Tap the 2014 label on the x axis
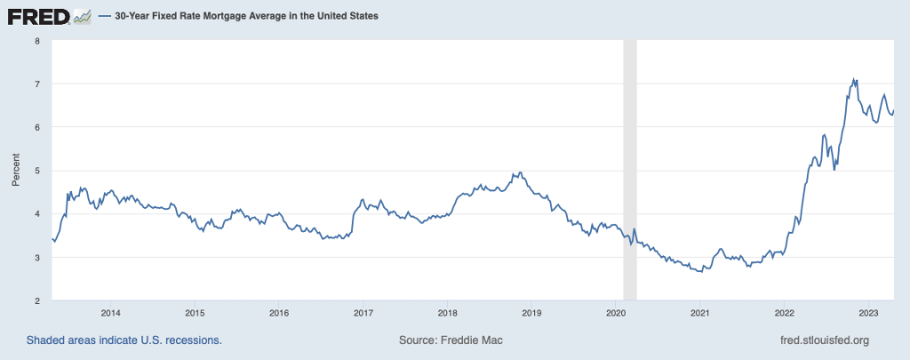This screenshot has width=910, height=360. (111, 312)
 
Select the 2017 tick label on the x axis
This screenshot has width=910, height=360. (363, 312)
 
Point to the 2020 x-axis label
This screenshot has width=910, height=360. (616, 312)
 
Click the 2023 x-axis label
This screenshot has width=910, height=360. (868, 312)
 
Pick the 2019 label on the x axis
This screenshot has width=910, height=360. (531, 312)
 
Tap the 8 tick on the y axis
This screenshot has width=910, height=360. (36, 41)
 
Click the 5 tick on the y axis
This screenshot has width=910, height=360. (36, 171)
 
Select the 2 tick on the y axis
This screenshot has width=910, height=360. (36, 301)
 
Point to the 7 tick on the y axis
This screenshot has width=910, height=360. (36, 84)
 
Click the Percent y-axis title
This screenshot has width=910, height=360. (16, 171)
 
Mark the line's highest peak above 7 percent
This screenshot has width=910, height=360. (854, 79)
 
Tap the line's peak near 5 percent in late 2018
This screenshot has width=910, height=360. (520, 172)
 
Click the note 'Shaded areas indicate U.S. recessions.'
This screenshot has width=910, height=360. (124, 340)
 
